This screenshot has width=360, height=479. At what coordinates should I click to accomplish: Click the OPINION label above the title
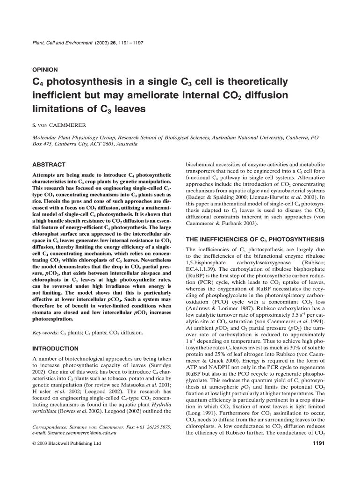pyautogui.click(x=44, y=68)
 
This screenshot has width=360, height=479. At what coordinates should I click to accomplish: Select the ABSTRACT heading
pyautogui.click(x=48, y=165)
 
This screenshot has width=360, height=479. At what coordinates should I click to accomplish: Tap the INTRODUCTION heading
pyautogui.click(x=55, y=348)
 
